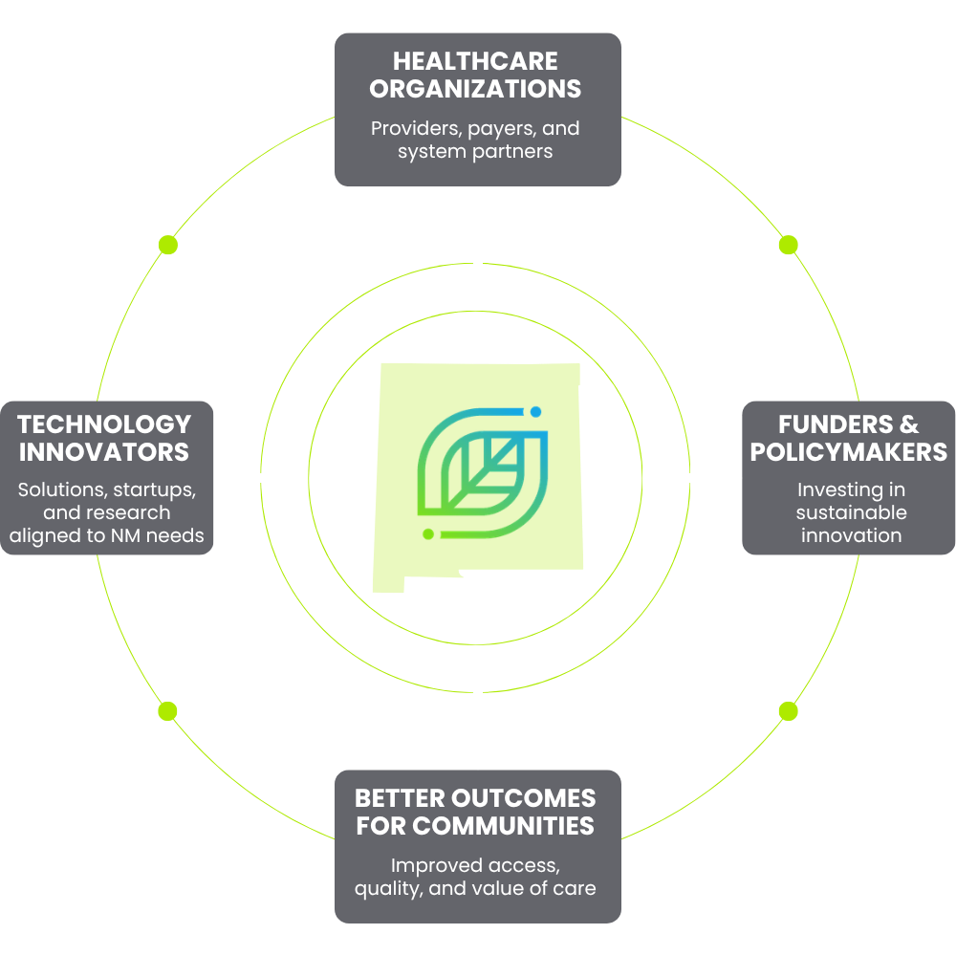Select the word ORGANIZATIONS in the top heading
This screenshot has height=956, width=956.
[475, 89]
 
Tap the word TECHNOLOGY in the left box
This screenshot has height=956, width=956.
[104, 424]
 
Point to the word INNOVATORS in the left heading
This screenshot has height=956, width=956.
[104, 451]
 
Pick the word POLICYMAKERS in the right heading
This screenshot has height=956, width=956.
[849, 451]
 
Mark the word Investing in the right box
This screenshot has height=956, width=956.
[838, 489]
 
